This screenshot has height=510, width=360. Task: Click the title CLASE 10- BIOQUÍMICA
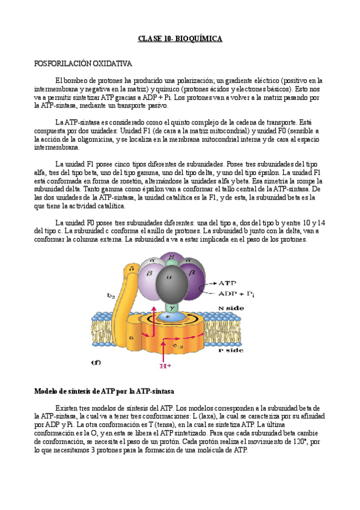[180, 39]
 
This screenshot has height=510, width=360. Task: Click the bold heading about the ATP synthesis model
[103, 391]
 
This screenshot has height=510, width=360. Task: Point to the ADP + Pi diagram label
[239, 293]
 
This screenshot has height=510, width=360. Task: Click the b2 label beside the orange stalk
[111, 295]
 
